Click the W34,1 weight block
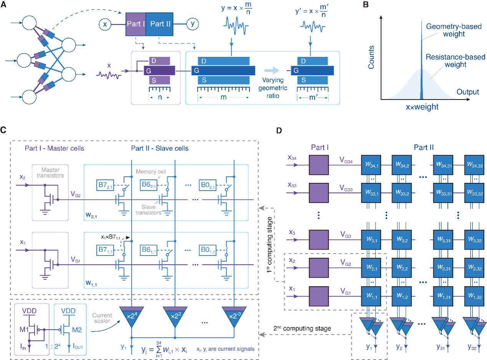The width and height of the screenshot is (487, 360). point(372,165)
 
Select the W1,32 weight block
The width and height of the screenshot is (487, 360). point(474,297)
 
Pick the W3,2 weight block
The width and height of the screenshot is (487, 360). point(402,240)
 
